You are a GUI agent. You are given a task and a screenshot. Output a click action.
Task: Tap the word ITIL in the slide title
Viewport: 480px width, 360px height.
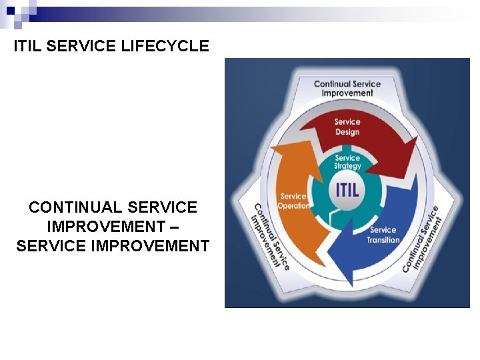(x=28, y=46)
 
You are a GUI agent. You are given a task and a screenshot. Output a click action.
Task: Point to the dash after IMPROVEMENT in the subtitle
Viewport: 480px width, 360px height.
(x=175, y=227)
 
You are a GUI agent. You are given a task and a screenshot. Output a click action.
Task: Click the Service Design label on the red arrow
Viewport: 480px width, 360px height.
(x=347, y=127)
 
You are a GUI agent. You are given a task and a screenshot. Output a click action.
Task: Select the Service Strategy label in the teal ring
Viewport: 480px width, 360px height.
(x=347, y=162)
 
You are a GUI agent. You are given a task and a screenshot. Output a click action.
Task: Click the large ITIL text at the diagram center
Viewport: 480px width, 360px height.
(x=347, y=189)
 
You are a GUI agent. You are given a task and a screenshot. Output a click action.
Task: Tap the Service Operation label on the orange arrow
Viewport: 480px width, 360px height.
(x=294, y=201)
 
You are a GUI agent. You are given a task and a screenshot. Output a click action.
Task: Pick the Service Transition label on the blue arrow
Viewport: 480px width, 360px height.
(x=383, y=235)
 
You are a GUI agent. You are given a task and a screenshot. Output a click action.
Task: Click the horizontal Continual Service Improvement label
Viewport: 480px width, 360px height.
(x=347, y=89)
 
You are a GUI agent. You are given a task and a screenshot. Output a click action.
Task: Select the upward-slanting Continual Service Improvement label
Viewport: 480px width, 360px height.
(x=423, y=238)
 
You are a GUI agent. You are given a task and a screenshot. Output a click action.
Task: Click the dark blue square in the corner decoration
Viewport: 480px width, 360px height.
(x=11, y=11)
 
